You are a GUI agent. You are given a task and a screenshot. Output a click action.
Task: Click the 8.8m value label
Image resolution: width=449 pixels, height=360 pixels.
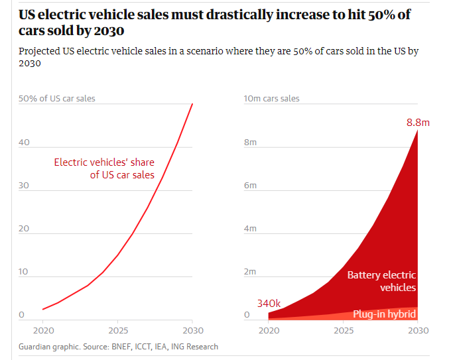[x=418, y=123]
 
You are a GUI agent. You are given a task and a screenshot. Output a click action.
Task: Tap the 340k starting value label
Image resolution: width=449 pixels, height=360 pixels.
[x=269, y=304]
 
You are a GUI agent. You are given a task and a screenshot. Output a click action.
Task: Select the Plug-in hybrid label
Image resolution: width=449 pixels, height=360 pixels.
[x=384, y=314]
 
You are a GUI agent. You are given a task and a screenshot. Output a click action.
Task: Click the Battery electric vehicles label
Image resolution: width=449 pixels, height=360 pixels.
[x=381, y=281]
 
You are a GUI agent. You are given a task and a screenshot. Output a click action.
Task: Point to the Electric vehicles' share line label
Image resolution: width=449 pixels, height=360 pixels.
[x=104, y=168]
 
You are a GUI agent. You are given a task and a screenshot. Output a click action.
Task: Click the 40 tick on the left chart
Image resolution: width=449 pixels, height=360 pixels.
[x=24, y=143]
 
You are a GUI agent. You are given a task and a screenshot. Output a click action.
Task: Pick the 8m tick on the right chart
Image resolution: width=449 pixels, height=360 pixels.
[x=250, y=143]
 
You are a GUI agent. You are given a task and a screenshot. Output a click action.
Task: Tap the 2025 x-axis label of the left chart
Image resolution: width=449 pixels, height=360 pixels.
[x=118, y=331]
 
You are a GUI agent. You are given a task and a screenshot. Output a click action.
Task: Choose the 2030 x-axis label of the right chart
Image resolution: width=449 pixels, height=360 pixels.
[x=418, y=331]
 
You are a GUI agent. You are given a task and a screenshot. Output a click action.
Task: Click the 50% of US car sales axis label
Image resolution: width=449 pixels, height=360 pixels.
[x=56, y=98]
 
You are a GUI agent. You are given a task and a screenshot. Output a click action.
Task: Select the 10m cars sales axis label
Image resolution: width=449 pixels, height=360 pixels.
[x=271, y=98]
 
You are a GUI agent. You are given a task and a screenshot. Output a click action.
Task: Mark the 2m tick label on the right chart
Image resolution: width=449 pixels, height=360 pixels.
[x=250, y=272]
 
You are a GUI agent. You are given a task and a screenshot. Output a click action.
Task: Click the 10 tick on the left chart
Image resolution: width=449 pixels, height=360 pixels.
[x=23, y=272]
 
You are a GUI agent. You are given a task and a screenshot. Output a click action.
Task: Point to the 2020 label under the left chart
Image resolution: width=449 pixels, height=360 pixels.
[x=44, y=331]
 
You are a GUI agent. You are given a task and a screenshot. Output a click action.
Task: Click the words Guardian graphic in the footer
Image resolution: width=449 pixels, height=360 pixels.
[x=49, y=347]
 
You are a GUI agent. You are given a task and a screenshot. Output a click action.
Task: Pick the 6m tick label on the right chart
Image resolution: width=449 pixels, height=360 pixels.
[x=250, y=186]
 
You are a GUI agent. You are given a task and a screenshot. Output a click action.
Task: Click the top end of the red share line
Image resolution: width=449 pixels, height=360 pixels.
[x=192, y=104]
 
